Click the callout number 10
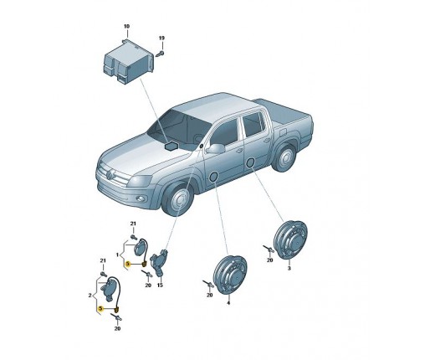(126, 27)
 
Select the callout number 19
(161, 38)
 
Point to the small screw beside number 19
(161, 53)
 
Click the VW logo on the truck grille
(110, 174)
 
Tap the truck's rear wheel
(284, 157)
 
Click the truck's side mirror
(216, 148)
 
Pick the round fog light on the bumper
(141, 198)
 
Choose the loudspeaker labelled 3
(290, 239)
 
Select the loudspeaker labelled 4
(230, 275)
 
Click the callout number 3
(289, 268)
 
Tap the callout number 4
(228, 303)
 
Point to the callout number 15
(160, 285)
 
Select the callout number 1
(117, 255)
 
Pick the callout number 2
(90, 295)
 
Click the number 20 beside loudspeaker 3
(269, 260)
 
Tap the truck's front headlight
(140, 181)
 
